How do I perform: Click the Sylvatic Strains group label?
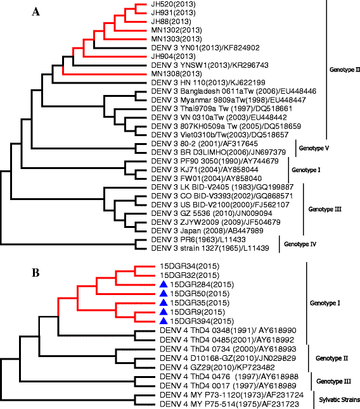click(x=330, y=400)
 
